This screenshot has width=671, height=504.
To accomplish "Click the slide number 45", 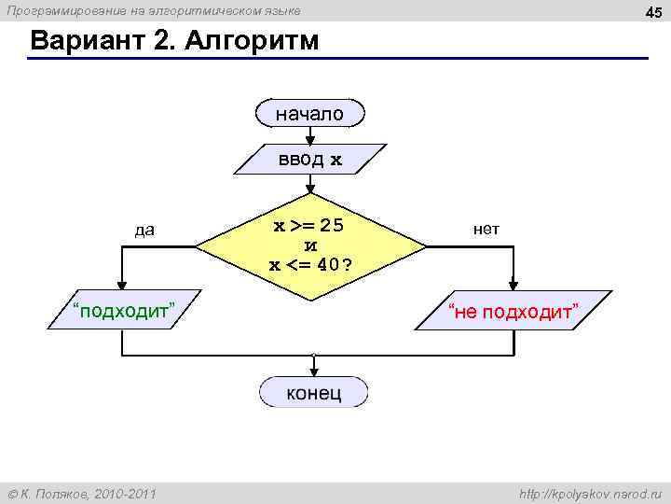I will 653,10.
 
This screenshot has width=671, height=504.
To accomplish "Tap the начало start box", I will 309,113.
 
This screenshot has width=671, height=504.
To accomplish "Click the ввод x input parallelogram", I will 309,160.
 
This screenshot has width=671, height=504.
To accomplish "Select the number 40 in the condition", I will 326,264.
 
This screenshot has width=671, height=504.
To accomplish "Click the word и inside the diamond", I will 311,245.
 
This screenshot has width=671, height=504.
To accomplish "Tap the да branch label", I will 144,230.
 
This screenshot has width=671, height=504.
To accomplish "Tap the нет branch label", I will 486,228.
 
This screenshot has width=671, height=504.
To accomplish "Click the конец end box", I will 313,392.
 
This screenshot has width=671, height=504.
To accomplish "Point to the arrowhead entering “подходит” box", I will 121,287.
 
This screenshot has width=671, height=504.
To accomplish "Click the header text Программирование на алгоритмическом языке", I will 154,10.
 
